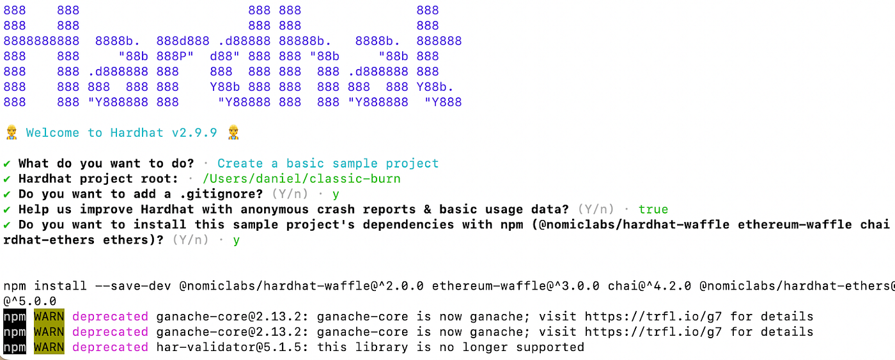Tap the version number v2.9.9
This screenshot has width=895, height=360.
194,133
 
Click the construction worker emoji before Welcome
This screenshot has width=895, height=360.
11,133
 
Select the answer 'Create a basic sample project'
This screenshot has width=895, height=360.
328,164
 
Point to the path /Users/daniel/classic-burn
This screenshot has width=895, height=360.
301,179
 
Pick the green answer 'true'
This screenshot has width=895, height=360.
653,210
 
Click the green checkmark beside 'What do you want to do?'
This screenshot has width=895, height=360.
7,164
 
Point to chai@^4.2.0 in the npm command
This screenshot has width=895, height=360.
649,286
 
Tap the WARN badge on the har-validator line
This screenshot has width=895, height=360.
49,347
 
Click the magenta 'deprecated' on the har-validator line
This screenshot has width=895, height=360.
110,347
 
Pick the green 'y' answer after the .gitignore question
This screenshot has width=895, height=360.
336,194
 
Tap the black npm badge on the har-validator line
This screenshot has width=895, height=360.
15,347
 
